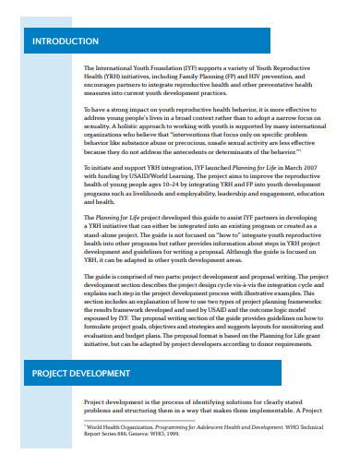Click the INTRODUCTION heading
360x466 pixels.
pos(66,42)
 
